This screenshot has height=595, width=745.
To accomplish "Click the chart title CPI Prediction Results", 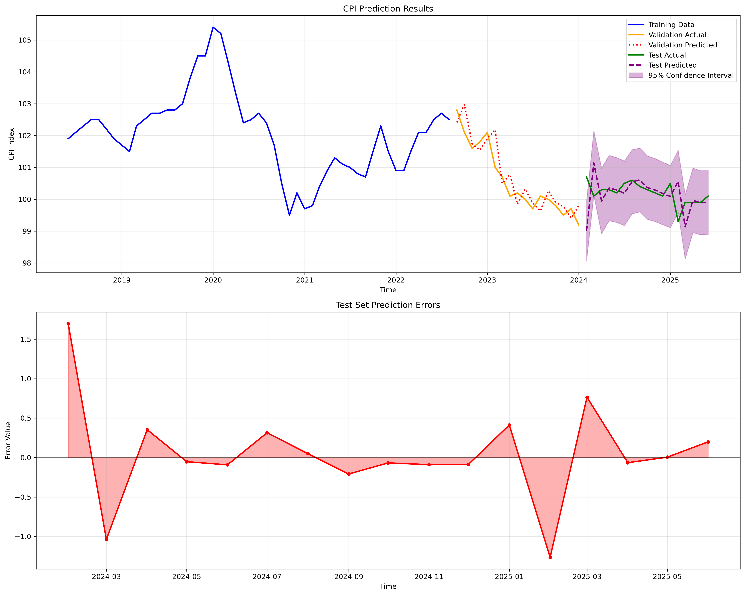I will tap(388, 9).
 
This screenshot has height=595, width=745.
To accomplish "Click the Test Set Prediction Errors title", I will tap(388, 305).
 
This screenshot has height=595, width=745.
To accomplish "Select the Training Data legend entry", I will tap(671, 25).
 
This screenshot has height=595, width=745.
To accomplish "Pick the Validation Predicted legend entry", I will tap(682, 45).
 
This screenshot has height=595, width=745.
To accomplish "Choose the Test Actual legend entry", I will tap(667, 55).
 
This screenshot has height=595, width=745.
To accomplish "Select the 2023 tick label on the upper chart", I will tap(487, 280).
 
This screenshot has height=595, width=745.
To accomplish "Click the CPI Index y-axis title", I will tap(11, 144).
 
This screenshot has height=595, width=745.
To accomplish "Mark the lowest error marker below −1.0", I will tap(550, 557).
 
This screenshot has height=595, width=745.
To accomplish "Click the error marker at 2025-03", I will tap(587, 397).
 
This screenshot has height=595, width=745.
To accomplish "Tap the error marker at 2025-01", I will tap(509, 425).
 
